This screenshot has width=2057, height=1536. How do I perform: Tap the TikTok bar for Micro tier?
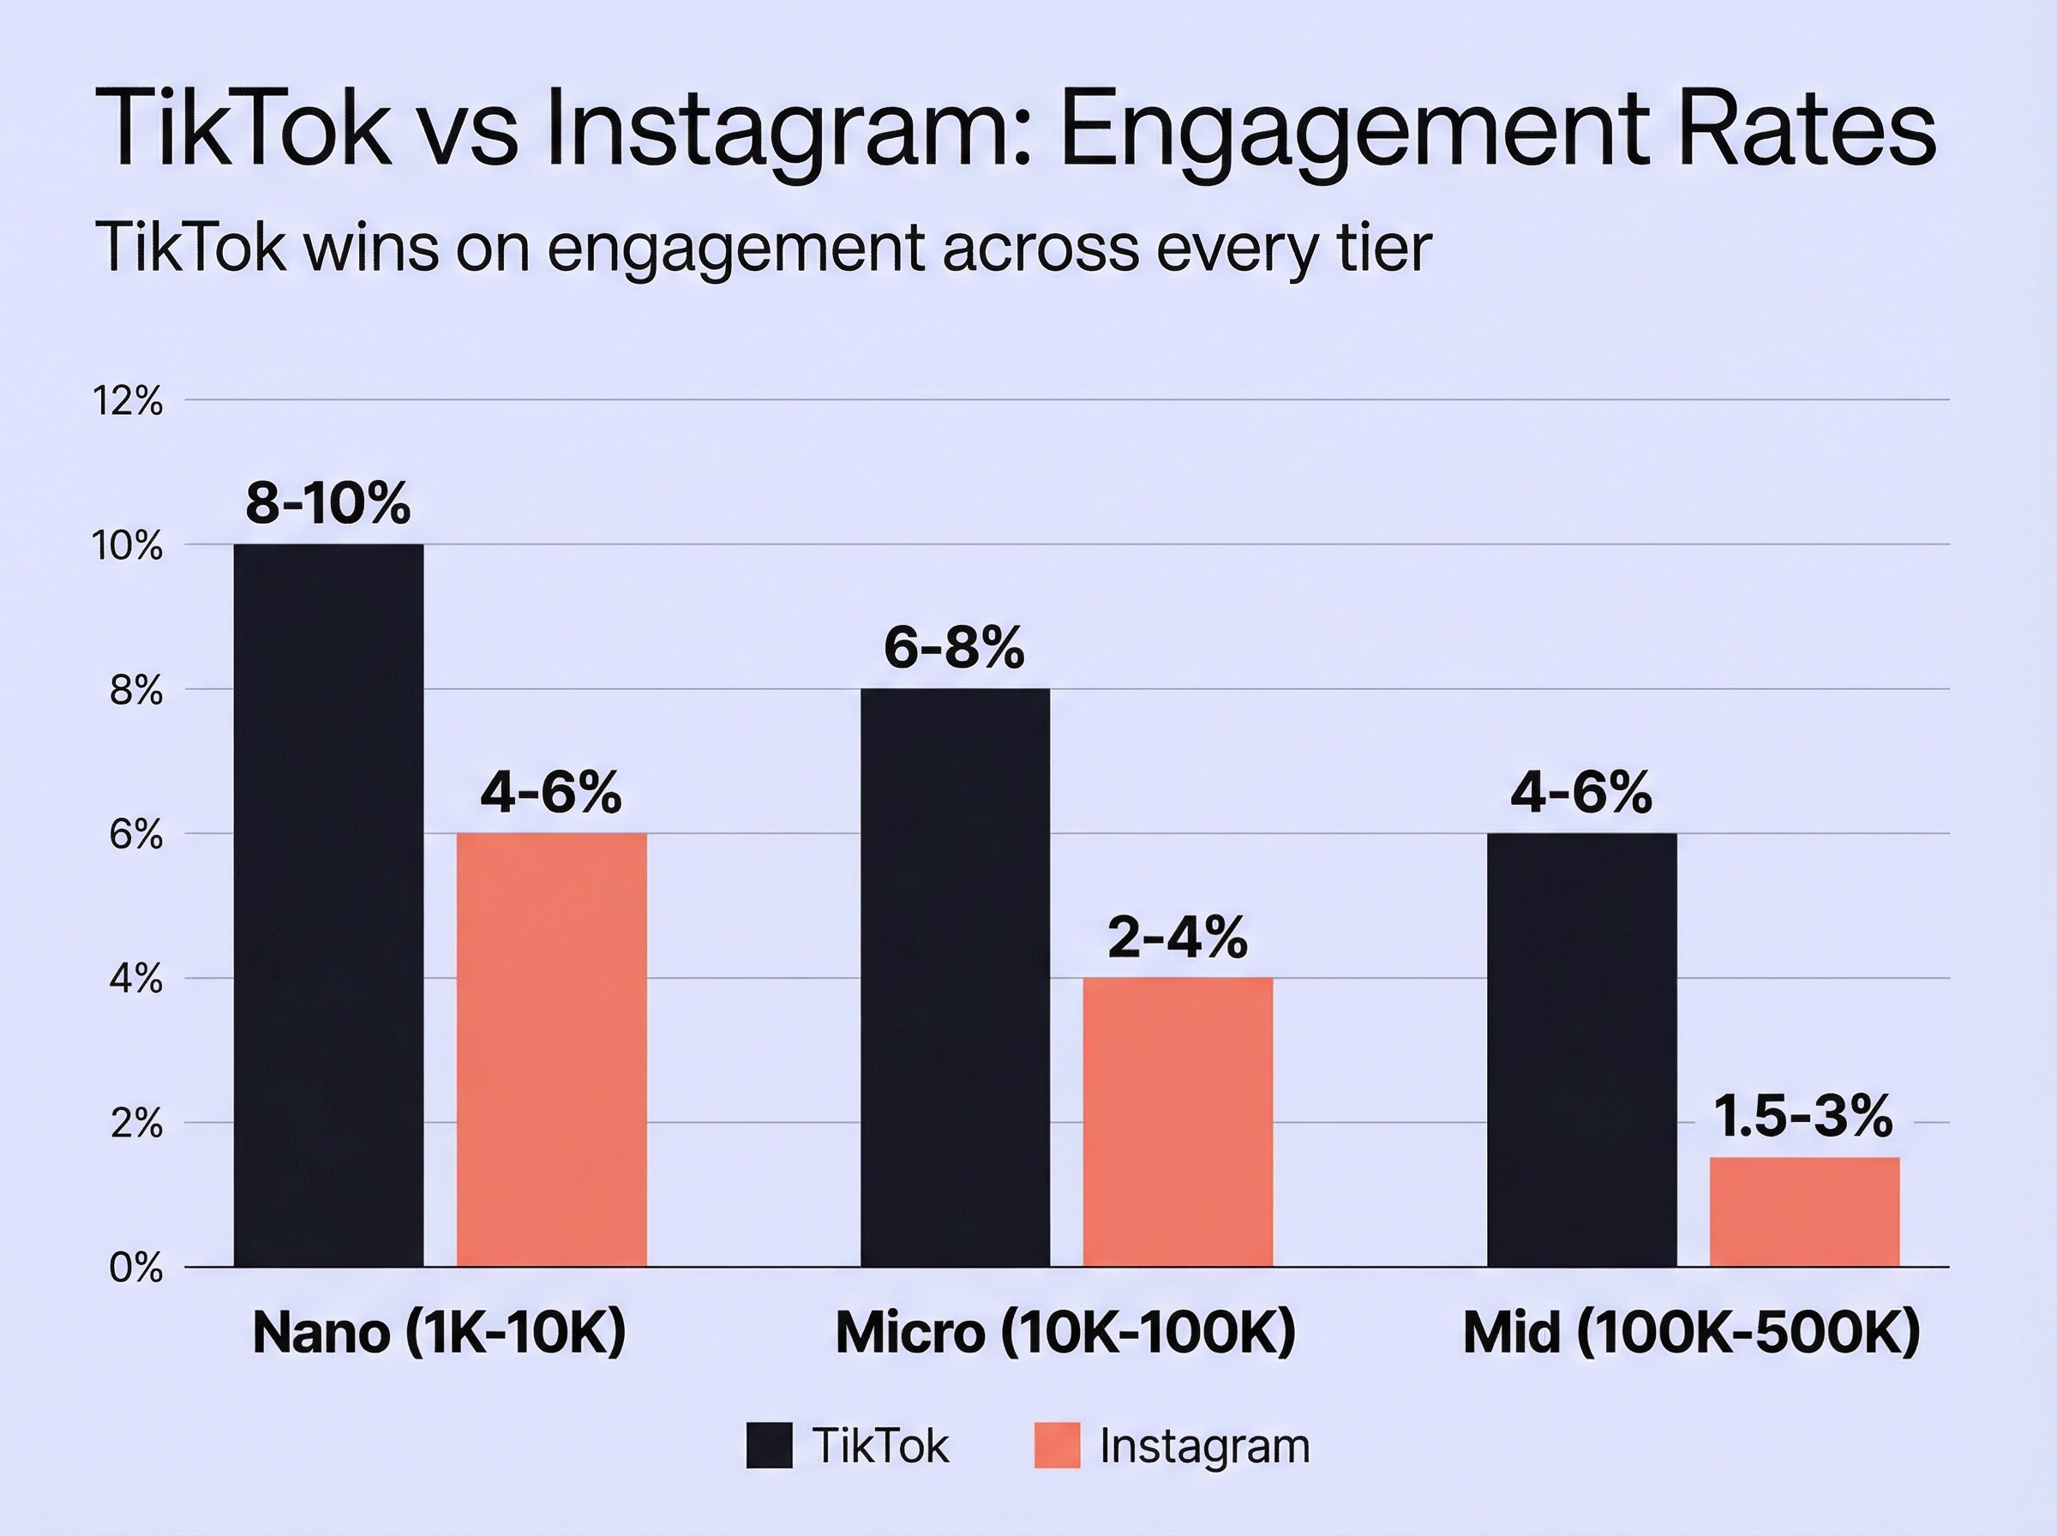pyautogui.click(x=955, y=977)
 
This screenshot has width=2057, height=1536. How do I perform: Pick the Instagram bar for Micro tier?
pyautogui.click(x=1178, y=1121)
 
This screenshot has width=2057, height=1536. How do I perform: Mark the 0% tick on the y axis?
pyautogui.click(x=135, y=1268)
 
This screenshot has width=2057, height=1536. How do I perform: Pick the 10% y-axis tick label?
pyautogui.click(x=128, y=546)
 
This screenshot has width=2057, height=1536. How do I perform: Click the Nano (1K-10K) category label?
pyautogui.click(x=439, y=1332)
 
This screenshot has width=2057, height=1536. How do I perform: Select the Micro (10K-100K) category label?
pyautogui.click(x=1065, y=1332)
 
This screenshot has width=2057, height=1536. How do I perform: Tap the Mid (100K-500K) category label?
pyautogui.click(x=1691, y=1332)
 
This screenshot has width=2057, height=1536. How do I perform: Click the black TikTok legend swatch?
pyautogui.click(x=770, y=1446)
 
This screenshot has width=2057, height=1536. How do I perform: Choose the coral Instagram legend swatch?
pyautogui.click(x=1057, y=1446)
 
